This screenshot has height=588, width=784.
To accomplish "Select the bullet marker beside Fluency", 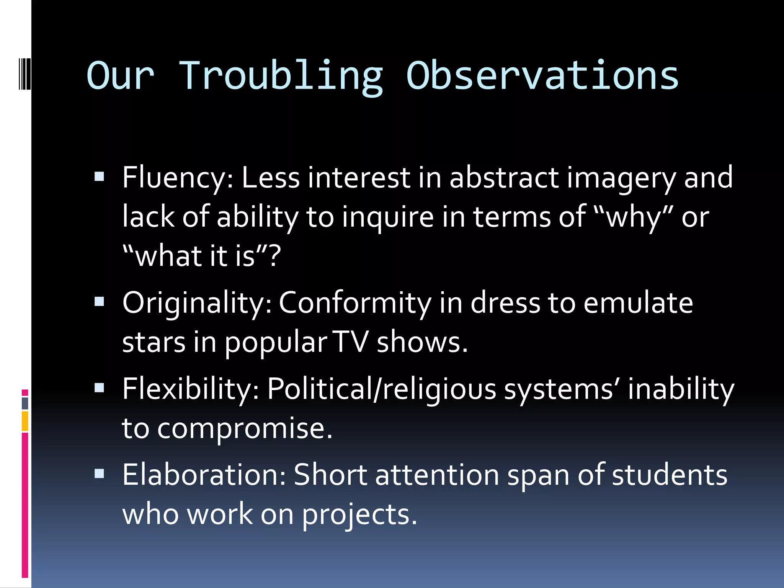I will (x=99, y=176).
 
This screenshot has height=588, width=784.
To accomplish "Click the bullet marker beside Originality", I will (x=99, y=302).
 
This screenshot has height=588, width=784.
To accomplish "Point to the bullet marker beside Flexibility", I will (x=99, y=388).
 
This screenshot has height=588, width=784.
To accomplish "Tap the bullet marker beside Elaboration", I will (x=99, y=474).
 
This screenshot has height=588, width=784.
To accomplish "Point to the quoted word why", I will (x=633, y=217).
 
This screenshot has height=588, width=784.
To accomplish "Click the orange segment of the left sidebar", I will (x=25, y=421).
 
